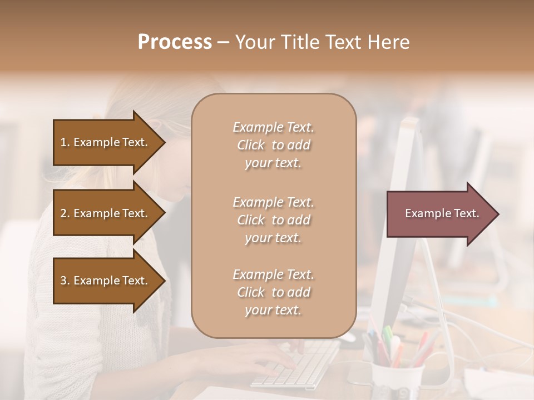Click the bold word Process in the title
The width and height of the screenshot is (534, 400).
click(x=175, y=42)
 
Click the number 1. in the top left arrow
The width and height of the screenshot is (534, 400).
click(x=65, y=142)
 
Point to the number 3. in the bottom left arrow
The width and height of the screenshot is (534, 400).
click(x=65, y=281)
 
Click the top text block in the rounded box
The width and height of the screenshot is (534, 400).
click(x=273, y=145)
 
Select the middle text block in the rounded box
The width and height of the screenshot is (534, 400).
click(x=273, y=220)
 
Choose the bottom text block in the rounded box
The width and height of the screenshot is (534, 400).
click(x=273, y=292)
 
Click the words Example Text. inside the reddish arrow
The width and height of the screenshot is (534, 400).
click(x=442, y=213)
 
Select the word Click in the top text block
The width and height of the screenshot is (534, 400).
click(x=251, y=145)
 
